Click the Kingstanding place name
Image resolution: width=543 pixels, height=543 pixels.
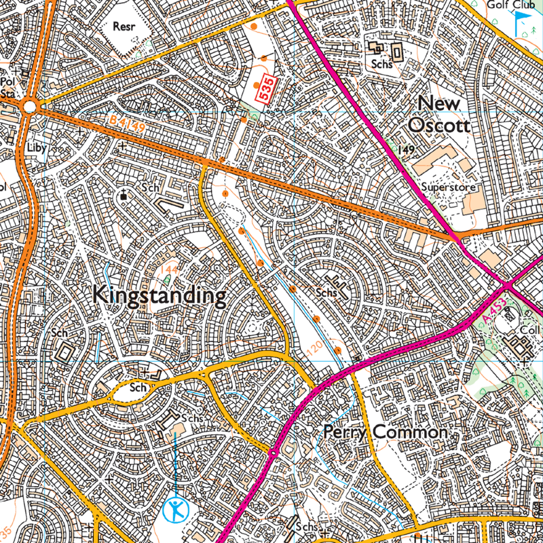pyautogui.click(x=158, y=296)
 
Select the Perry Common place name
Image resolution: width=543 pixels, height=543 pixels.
pyautogui.click(x=385, y=432)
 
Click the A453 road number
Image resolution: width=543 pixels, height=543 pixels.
pyautogui.click(x=495, y=309)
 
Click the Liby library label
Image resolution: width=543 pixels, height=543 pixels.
pyautogui.click(x=34, y=147)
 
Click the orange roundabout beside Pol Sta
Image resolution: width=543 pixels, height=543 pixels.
pyautogui.click(x=29, y=107)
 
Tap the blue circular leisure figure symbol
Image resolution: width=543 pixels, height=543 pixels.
pyautogui.click(x=176, y=508)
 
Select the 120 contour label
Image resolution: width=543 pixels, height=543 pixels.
pyautogui.click(x=312, y=350)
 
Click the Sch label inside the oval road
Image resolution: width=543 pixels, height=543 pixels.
pyautogui.click(x=139, y=388)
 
